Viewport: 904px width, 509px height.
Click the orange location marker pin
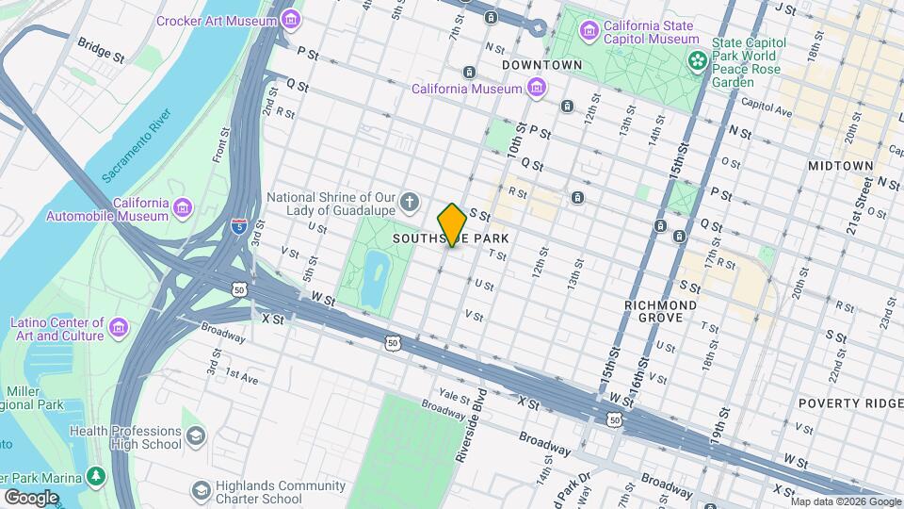pyautogui.click(x=452, y=224)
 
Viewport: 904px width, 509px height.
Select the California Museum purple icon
pyautogui.click(x=537, y=89)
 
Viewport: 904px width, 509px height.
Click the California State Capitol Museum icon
pyautogui.click(x=589, y=31)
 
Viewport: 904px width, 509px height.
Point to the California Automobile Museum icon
pyautogui.click(x=182, y=207)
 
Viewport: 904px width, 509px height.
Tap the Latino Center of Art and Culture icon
pyautogui.click(x=119, y=327)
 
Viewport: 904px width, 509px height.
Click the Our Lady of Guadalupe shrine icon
pyautogui.click(x=410, y=201)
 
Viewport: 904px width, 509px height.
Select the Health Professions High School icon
pyautogui.click(x=195, y=436)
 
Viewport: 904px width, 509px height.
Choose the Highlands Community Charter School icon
pyautogui.click(x=201, y=490)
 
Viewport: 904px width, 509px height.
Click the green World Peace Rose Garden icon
pyautogui.click(x=698, y=61)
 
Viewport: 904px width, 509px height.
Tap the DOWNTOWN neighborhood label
pyautogui.click(x=542, y=65)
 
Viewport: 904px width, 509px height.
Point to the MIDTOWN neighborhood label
pyautogui.click(x=841, y=166)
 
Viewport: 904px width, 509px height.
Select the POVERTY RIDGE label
pyautogui.click(x=849, y=403)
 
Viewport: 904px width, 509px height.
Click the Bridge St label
pyautogui.click(x=101, y=51)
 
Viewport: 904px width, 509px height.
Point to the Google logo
pyautogui.click(x=31, y=497)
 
